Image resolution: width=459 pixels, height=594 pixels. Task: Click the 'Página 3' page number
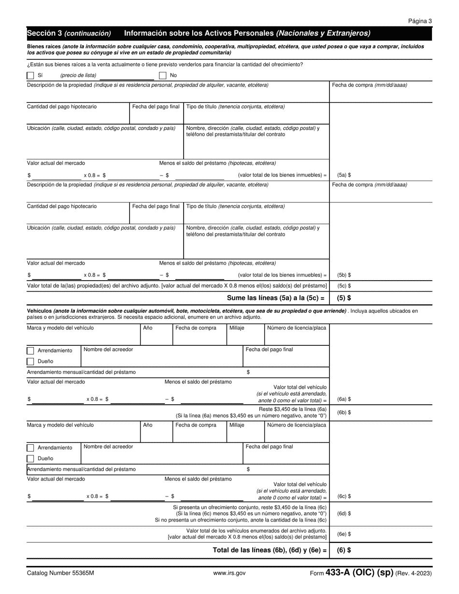click(420, 21)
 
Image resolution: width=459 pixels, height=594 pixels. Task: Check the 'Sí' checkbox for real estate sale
click(30, 75)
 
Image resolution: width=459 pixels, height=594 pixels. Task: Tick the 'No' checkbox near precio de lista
click(163, 75)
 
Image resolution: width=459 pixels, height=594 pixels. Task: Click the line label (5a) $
click(344, 175)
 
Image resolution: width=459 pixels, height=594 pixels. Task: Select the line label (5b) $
click(344, 275)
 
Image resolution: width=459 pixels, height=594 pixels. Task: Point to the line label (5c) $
click(344, 286)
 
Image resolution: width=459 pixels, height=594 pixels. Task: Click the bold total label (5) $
click(344, 298)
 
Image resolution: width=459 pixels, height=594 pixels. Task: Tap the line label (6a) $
click(344, 399)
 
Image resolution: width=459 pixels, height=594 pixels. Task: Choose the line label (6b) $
click(344, 412)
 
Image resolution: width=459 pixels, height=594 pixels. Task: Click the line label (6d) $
click(344, 514)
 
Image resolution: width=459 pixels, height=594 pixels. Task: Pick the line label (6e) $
click(344, 534)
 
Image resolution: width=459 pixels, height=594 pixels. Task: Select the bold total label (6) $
click(344, 550)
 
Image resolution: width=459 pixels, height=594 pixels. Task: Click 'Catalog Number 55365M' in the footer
click(60, 573)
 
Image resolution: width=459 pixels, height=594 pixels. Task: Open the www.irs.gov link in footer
click(229, 573)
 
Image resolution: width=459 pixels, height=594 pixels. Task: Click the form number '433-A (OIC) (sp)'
click(359, 573)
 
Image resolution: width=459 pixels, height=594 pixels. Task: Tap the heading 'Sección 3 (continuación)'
click(69, 33)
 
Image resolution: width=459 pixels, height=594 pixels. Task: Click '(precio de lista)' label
click(78, 75)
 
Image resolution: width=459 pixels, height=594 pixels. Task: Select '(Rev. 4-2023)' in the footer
click(414, 573)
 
